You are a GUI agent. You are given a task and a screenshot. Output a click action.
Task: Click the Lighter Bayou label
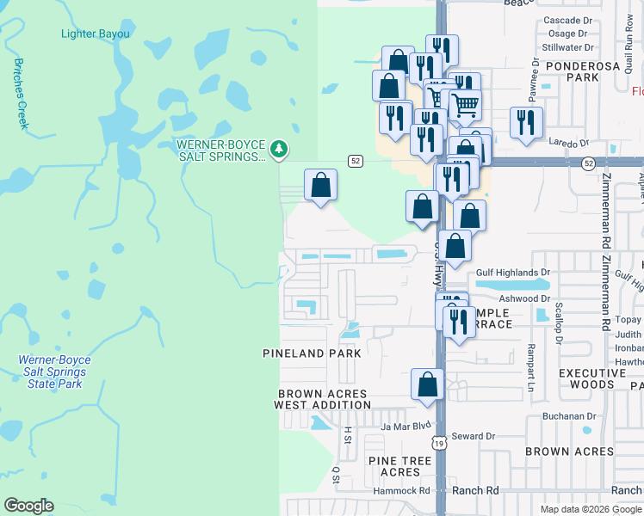click(96, 34)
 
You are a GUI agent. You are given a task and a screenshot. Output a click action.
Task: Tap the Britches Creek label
click(22, 94)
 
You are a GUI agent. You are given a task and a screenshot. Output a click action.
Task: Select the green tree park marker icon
click(278, 150)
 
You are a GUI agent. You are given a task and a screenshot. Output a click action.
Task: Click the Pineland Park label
click(305, 353)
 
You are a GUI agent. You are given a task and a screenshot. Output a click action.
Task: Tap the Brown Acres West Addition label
click(322, 399)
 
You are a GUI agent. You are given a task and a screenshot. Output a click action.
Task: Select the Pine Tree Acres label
click(399, 466)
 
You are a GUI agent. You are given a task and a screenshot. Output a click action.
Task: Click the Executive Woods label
click(593, 379)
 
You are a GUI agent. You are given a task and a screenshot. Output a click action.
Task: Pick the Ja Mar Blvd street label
click(406, 425)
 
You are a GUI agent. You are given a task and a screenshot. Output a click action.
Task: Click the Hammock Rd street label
click(401, 490)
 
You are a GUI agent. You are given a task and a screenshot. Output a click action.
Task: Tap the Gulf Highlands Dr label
click(513, 273)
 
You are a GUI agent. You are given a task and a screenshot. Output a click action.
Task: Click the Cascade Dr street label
click(569, 20)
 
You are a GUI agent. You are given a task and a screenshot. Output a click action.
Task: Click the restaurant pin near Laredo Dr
click(526, 123)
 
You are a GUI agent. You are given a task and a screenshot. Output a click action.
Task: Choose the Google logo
click(28, 506)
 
